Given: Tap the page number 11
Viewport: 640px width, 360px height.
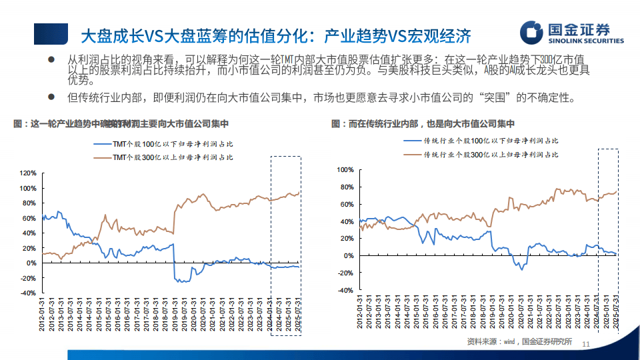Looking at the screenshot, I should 587,344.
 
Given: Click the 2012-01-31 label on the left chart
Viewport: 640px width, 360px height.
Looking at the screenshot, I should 43,315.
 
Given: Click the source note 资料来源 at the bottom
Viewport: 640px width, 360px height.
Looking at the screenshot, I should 519,343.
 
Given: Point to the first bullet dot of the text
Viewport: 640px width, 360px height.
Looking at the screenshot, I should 51,61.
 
